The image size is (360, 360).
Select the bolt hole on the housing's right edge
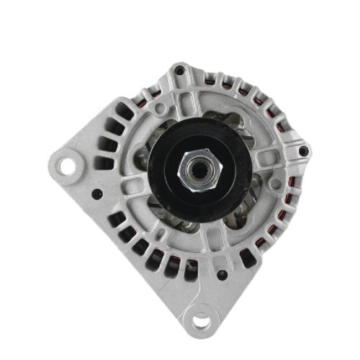point(303,150)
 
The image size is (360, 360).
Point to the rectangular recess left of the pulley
point(130,186)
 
